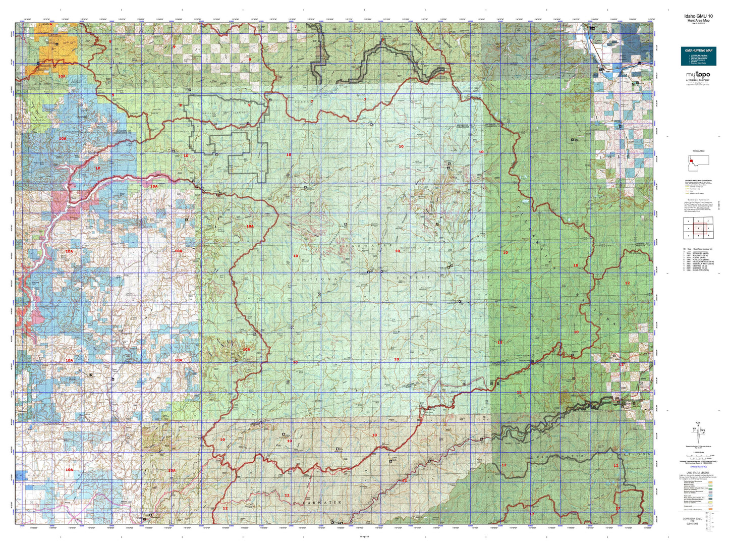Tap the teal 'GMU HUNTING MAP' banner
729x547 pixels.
(699, 50)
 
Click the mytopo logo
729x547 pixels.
(698, 76)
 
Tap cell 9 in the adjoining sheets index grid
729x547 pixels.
(709, 236)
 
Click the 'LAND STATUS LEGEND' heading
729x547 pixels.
(699, 473)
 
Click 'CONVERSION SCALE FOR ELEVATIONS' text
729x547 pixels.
(698, 521)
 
